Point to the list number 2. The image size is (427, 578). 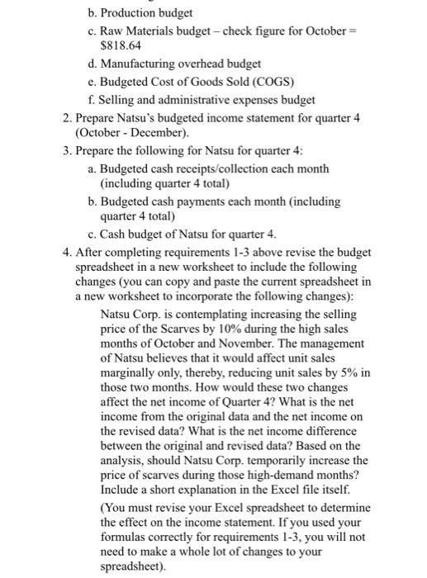click(66, 118)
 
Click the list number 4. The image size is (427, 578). click(66, 251)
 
